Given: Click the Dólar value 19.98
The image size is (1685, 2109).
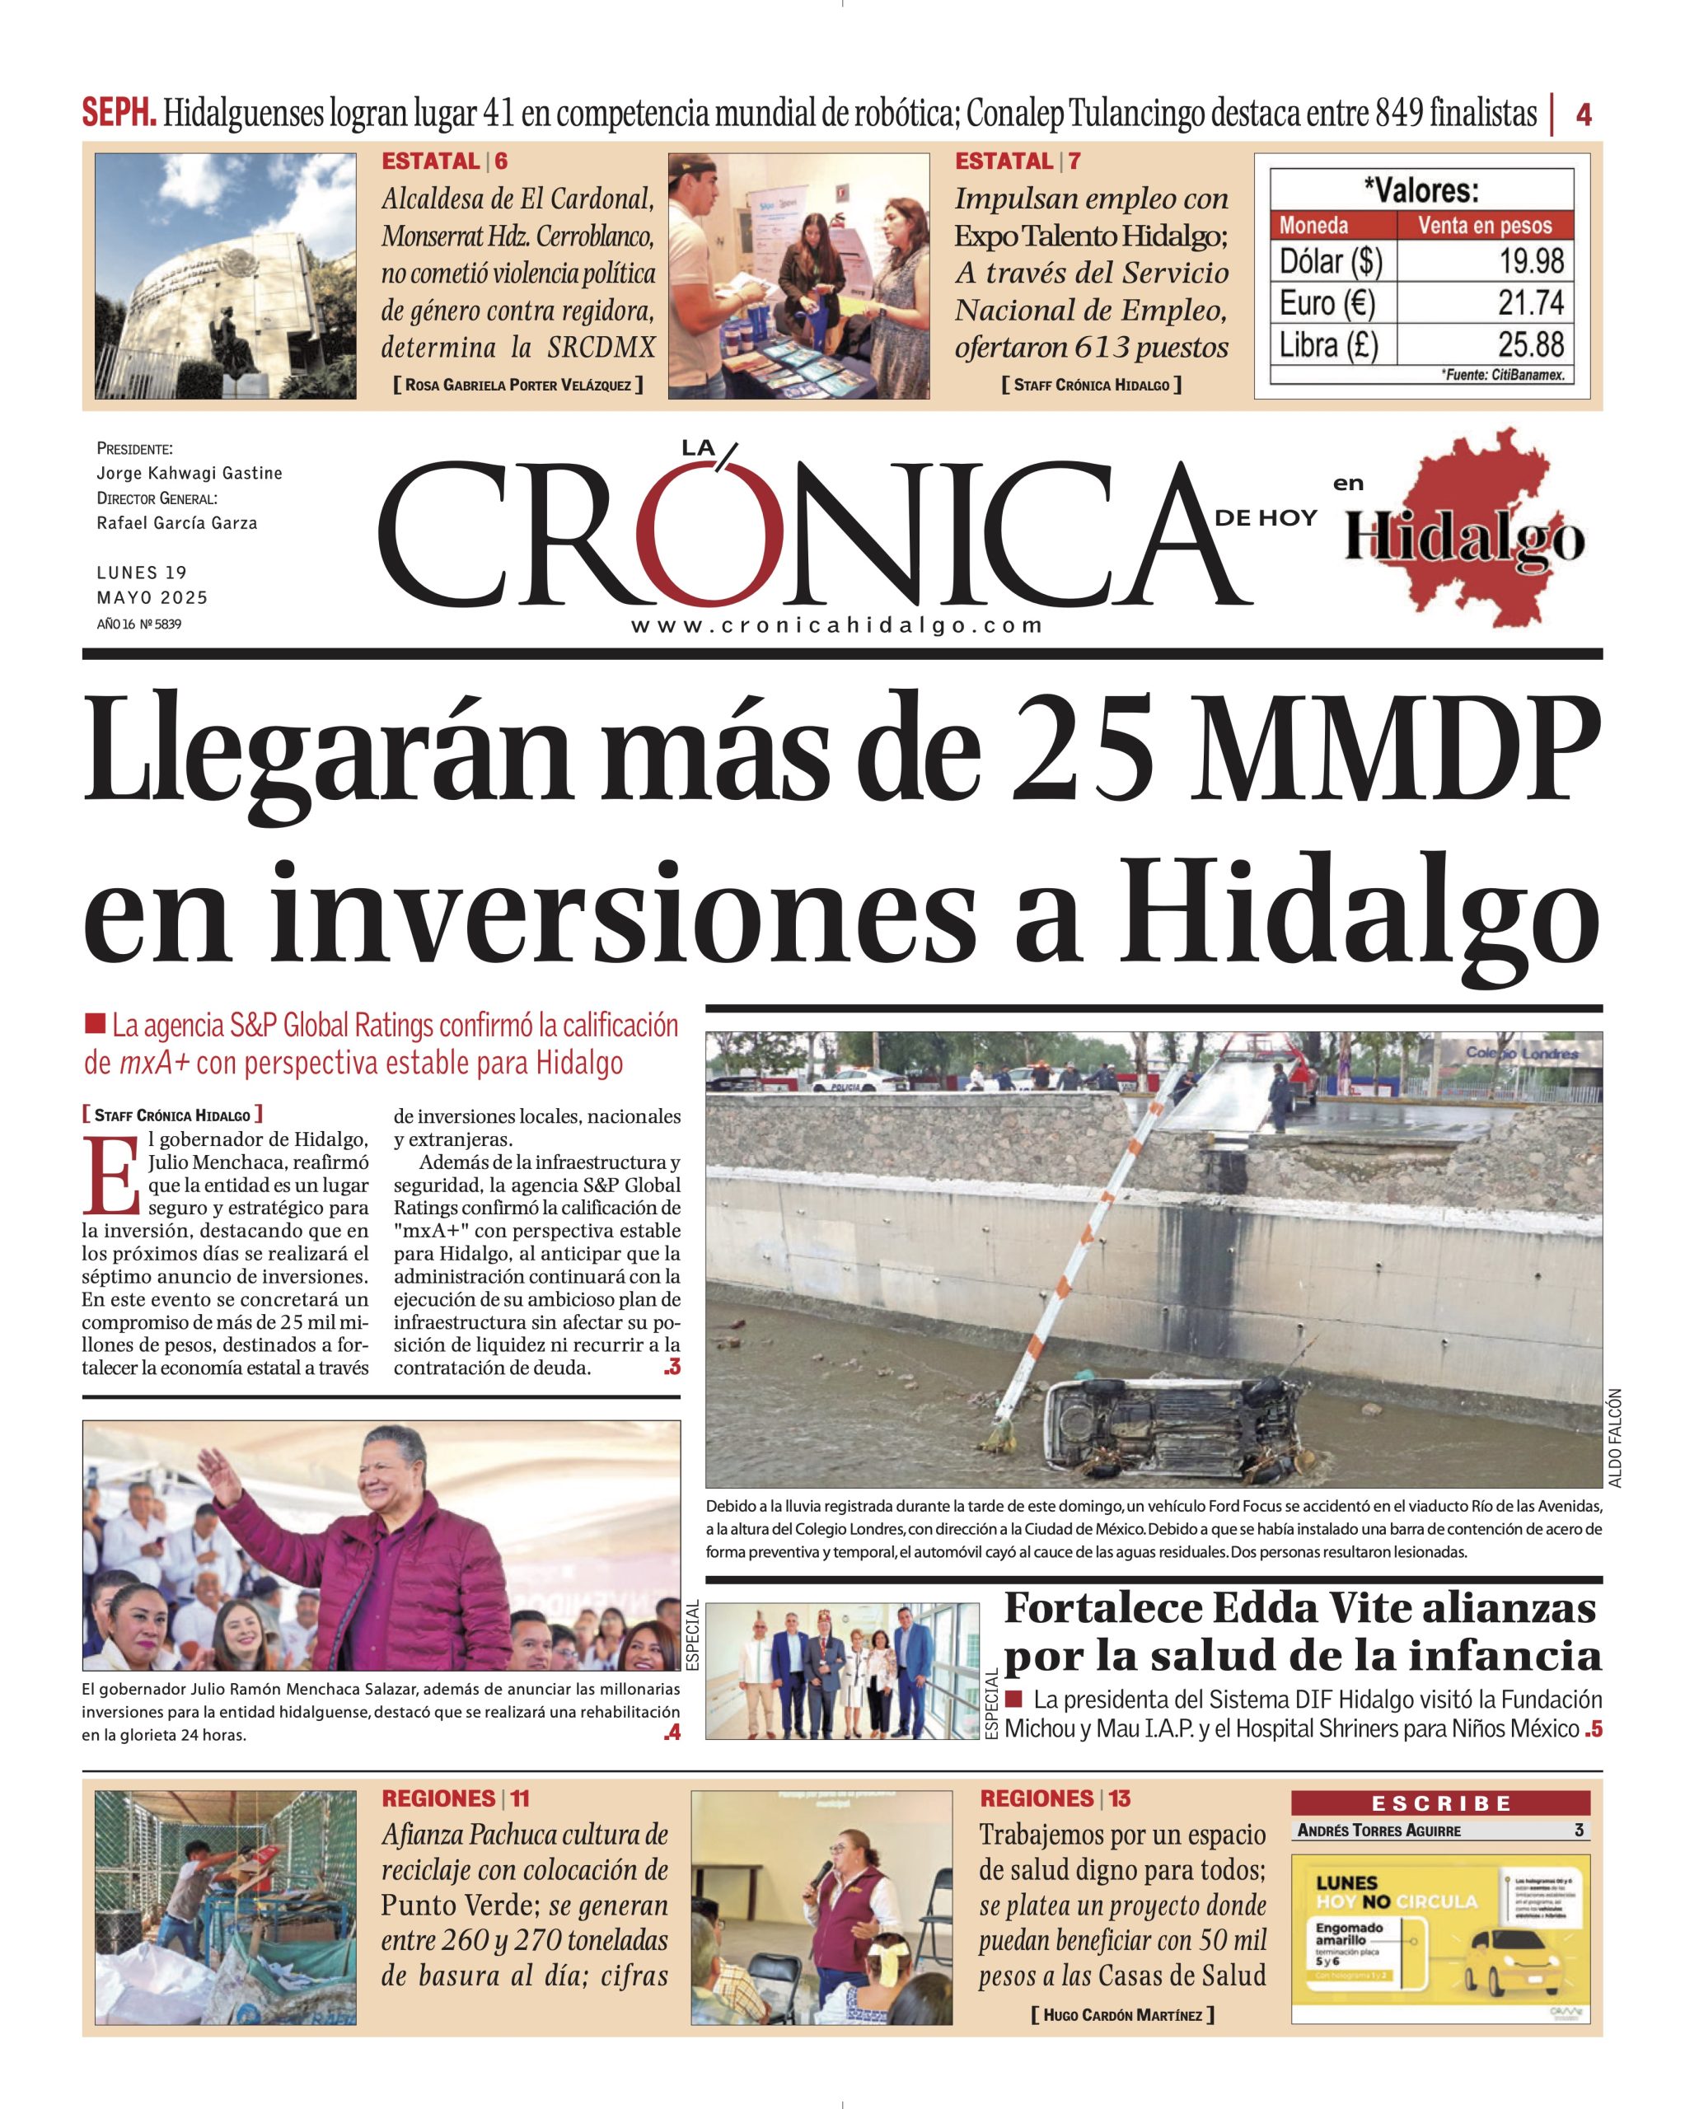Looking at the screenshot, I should (x=1532, y=261).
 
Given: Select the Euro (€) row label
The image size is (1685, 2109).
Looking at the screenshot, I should (x=1327, y=303).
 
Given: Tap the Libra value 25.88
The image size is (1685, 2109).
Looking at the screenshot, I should (x=1532, y=344).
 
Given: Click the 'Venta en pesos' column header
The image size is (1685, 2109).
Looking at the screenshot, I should (x=1485, y=226).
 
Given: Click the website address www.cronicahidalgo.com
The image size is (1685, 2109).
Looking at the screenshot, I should (x=836, y=626).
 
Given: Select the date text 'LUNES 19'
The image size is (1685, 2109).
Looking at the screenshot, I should (x=142, y=573).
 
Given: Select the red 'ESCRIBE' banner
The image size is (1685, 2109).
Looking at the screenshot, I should (x=1440, y=1803).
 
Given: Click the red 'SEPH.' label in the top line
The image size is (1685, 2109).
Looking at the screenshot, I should (x=119, y=114).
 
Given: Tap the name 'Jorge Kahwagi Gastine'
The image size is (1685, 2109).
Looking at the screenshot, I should (x=189, y=474).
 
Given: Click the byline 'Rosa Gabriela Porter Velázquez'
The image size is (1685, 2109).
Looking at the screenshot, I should (x=517, y=386).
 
